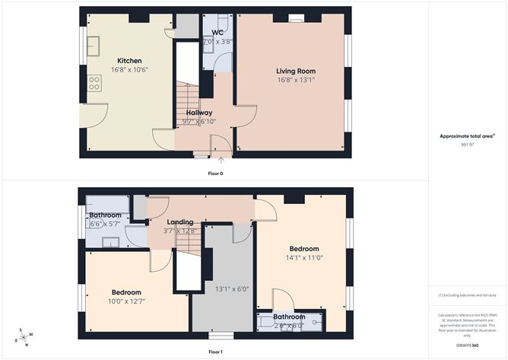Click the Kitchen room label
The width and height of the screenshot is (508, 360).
point(129,61)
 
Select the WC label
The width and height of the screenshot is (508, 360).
point(217,33)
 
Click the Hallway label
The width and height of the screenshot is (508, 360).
point(199,113)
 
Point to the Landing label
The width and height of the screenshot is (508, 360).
point(181,222)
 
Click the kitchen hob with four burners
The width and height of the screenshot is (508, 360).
point(95,82)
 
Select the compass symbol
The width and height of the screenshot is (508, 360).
point(24,338)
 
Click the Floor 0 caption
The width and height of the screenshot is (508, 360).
point(216,174)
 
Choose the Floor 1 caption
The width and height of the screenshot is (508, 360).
point(216,352)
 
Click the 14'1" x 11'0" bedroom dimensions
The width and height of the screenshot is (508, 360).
point(303,259)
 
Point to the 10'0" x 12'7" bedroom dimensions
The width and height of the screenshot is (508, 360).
point(126,301)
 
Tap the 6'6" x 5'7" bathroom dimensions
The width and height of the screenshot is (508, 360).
point(105,225)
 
